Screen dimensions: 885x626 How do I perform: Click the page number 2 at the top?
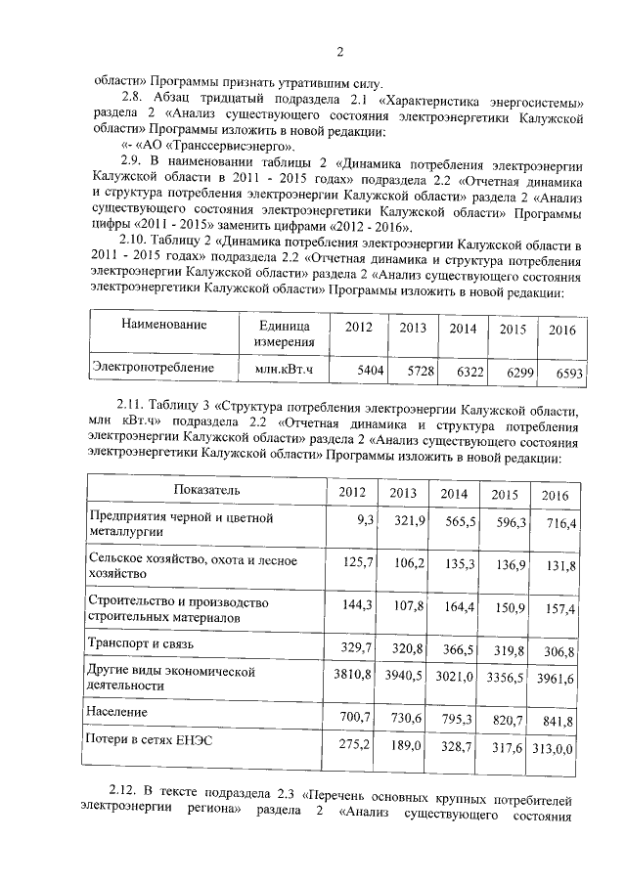point(339,53)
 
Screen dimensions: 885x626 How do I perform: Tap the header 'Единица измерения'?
point(285,333)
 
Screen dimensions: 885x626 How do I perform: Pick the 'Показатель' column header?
point(206,489)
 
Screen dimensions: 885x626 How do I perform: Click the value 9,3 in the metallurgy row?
point(367,517)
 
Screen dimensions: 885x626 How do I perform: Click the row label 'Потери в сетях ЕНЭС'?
point(150,740)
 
